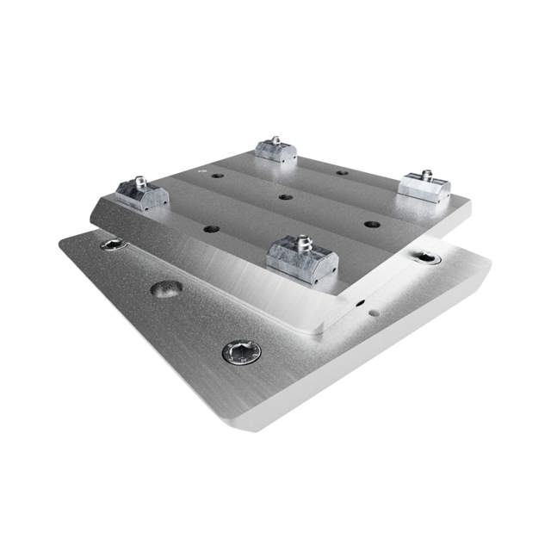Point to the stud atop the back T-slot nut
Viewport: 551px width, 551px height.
point(276,139)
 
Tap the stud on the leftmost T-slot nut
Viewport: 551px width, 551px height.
point(138,182)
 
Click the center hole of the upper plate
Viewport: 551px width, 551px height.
point(284,197)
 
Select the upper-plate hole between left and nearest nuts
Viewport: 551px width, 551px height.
point(210,230)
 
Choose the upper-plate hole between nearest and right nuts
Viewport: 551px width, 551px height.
point(372,224)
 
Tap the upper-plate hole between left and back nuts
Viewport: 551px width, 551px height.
point(216,176)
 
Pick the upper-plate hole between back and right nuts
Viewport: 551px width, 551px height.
point(342,172)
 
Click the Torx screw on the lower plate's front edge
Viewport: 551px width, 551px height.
point(241,350)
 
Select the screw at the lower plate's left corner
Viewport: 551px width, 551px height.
point(114,245)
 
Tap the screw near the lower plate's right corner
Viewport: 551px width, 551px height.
point(427,257)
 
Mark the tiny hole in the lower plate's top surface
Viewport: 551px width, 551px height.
point(373,313)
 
